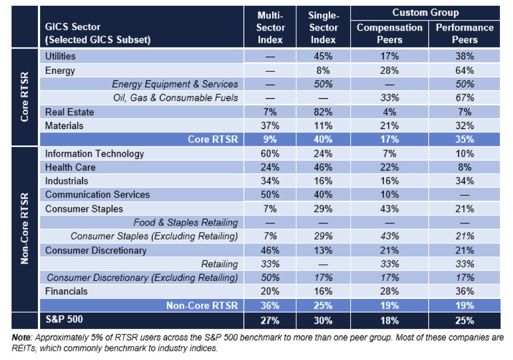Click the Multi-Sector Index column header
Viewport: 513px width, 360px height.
(270, 27)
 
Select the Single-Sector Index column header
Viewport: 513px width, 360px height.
(323, 27)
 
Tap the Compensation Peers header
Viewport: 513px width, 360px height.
(390, 34)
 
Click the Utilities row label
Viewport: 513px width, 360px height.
(60, 56)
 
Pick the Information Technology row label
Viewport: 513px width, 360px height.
(94, 154)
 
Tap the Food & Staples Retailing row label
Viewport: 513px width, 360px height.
(185, 222)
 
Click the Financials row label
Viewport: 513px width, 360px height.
(66, 291)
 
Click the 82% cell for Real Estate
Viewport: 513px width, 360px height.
(323, 112)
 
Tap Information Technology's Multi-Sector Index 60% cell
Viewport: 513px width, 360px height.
(270, 154)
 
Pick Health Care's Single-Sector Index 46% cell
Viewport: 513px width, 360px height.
(323, 168)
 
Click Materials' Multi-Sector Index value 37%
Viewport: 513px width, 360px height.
(270, 126)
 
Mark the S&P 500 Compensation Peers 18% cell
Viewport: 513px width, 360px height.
(390, 320)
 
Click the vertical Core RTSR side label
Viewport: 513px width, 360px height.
(24, 98)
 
